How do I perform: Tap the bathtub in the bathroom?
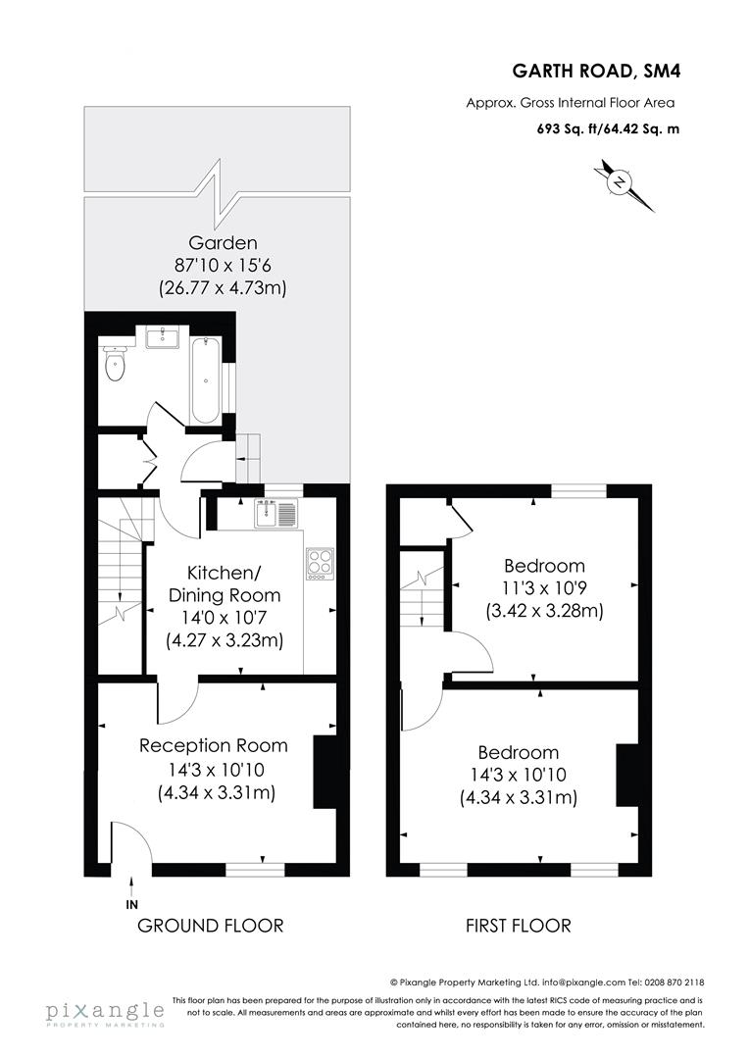[x=205, y=379]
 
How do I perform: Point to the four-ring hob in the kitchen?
[x=320, y=562]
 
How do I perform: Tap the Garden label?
[x=223, y=243]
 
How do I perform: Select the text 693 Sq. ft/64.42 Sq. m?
[x=607, y=127]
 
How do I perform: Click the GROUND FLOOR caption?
[x=211, y=926]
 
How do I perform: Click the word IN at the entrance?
[x=132, y=903]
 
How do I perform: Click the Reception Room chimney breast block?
[x=325, y=772]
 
